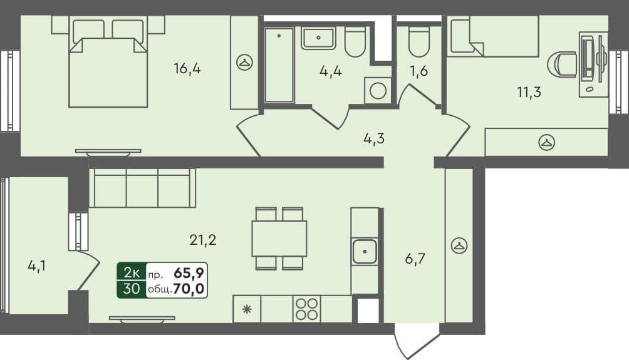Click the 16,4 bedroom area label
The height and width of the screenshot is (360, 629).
[x=187, y=69]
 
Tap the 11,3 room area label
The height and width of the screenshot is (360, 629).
[x=529, y=93]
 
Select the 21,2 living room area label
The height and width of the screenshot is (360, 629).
[x=202, y=239]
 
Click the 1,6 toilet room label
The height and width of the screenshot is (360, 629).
[x=419, y=71]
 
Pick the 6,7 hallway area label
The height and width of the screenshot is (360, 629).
[x=415, y=259]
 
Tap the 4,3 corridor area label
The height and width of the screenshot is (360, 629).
[x=374, y=138]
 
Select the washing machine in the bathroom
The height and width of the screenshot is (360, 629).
[x=378, y=91]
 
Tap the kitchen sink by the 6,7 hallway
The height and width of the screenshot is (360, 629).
[x=364, y=252]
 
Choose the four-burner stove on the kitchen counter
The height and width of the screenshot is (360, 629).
[x=307, y=309]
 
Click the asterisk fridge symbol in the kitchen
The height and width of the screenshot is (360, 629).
[x=247, y=309]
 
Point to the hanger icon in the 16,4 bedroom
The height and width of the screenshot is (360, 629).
[x=244, y=62]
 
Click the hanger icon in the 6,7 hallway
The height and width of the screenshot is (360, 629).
[x=460, y=245]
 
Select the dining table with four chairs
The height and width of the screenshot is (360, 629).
[x=279, y=239]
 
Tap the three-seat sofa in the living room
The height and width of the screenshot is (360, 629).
[x=142, y=188]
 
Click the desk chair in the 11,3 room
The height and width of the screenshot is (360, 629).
[x=562, y=64]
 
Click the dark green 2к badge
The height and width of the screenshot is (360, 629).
[x=132, y=272]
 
